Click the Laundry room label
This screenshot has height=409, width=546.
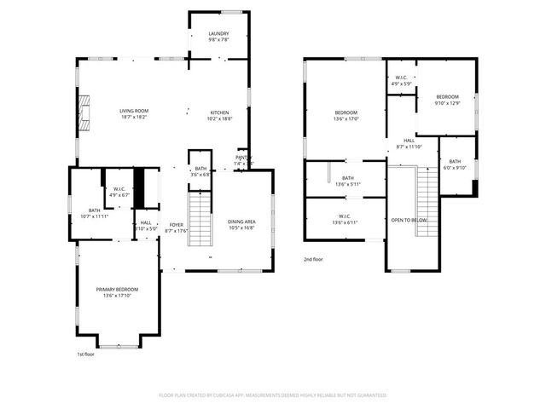pos(218,37)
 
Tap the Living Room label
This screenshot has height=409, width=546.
pos(134,113)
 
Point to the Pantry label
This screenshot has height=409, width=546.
pos(244,159)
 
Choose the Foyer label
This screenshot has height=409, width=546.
pos(176,228)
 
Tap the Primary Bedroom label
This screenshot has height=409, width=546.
pos(120,292)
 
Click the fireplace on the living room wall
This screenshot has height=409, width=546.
pos(84,112)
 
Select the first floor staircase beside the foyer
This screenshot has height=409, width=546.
pos(199,220)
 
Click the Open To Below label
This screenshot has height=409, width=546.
pos(409,220)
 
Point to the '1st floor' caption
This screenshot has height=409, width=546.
pos(85,354)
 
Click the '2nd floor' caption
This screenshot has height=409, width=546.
pos(313,259)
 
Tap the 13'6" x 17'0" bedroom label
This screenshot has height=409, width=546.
pos(346,116)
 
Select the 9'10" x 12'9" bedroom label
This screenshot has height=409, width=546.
pos(447,100)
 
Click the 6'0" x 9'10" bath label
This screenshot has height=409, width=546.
pos(455,164)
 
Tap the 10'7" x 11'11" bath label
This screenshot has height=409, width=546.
pos(94,213)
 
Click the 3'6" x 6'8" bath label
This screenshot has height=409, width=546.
pos(200,171)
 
